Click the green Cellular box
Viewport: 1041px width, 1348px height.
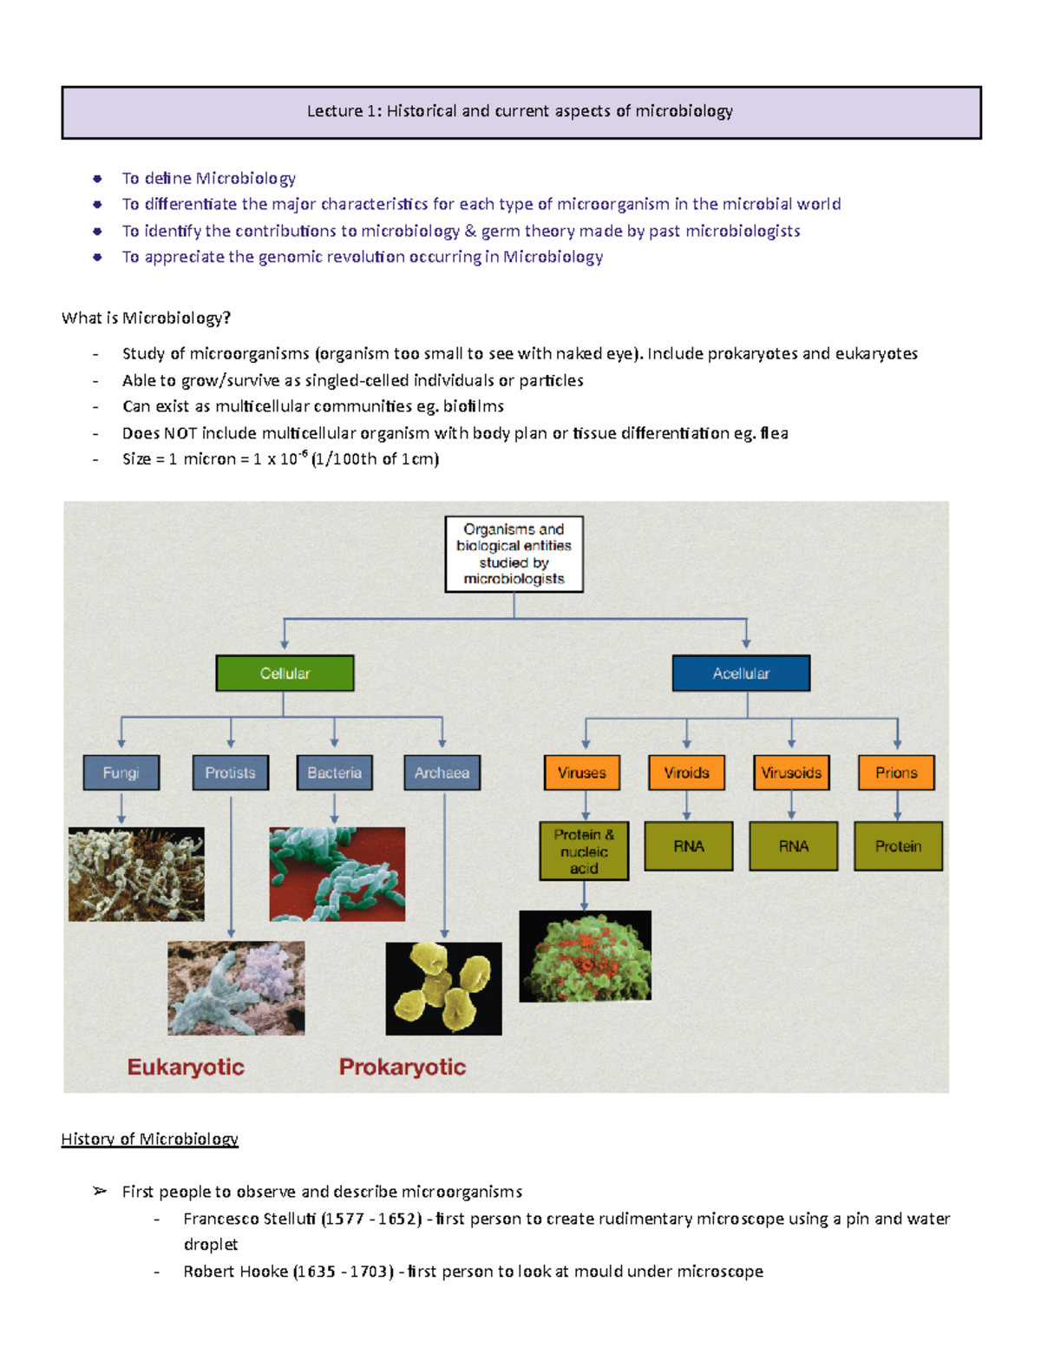285,673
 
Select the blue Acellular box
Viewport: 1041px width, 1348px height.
741,673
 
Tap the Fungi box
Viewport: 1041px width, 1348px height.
121,773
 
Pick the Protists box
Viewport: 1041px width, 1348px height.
230,773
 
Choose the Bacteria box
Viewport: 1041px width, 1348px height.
334,773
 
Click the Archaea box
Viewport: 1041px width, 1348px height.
442,773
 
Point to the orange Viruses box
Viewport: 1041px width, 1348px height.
582,773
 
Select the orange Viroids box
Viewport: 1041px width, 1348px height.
686,773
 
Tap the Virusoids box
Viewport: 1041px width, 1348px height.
791,773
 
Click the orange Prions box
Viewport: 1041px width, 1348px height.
896,773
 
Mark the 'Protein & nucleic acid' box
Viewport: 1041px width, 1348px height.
584,852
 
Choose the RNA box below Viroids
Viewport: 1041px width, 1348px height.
689,846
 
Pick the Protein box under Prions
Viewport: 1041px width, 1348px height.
898,846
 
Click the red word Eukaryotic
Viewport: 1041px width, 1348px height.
186,1067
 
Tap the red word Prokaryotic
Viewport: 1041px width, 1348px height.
403,1067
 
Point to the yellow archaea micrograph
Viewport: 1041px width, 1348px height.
443,989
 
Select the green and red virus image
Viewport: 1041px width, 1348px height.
585,957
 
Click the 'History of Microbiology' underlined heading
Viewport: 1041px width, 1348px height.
149,1139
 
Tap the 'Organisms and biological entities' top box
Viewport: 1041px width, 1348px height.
514,554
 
